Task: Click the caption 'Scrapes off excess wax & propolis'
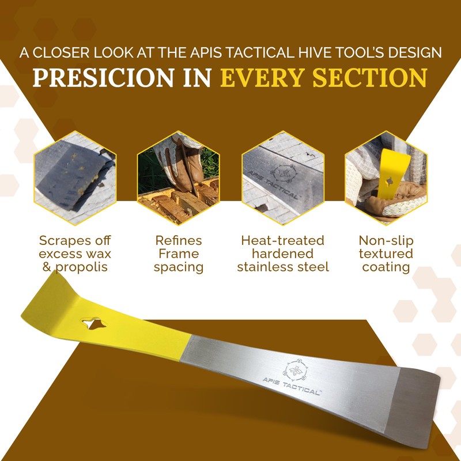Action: pos(75,254)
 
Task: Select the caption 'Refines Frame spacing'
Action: pos(179,254)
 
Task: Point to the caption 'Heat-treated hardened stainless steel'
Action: pos(282,254)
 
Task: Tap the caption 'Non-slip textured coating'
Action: pos(386,254)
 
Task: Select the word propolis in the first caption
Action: pos(83,267)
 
